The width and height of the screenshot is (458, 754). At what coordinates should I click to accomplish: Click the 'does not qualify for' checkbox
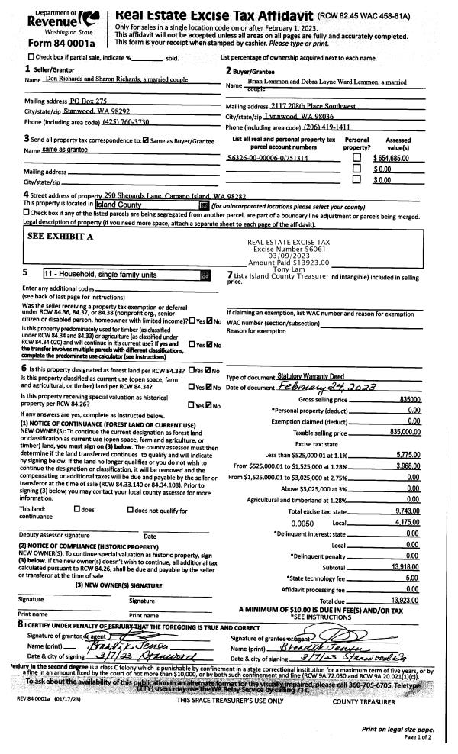[x=131, y=486]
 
